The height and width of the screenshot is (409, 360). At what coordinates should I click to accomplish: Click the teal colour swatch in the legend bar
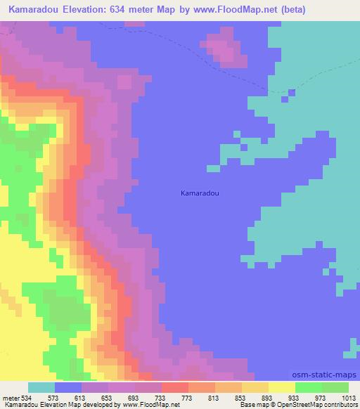pyautogui.click(x=41, y=387)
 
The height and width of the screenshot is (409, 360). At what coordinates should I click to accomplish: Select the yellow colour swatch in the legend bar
pyautogui.click(x=281, y=387)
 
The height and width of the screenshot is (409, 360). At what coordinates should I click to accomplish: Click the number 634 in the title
pyautogui.click(x=127, y=9)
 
